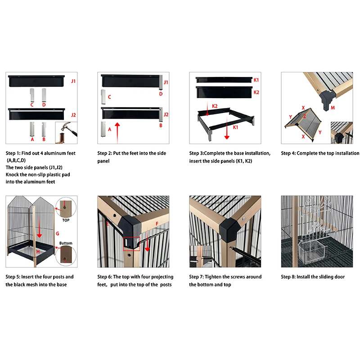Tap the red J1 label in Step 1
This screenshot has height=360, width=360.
click(73, 81)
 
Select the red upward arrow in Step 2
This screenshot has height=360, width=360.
click(117, 132)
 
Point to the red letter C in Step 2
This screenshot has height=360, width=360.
click(109, 97)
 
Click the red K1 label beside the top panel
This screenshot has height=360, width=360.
click(256, 80)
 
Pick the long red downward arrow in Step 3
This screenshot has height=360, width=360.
click(227, 127)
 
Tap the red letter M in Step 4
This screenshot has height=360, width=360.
click(333, 108)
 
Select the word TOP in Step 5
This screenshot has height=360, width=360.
click(66, 220)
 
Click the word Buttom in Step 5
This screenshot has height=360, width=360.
click(66, 243)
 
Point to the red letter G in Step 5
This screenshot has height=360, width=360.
click(58, 234)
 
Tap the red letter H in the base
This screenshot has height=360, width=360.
click(38, 252)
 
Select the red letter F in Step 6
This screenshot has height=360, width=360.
click(157, 224)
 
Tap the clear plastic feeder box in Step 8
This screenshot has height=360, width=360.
click(312, 250)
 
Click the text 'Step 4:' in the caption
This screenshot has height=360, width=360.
click(288, 153)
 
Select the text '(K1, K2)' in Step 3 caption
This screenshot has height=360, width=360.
click(244, 161)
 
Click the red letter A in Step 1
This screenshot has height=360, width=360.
click(32, 139)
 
